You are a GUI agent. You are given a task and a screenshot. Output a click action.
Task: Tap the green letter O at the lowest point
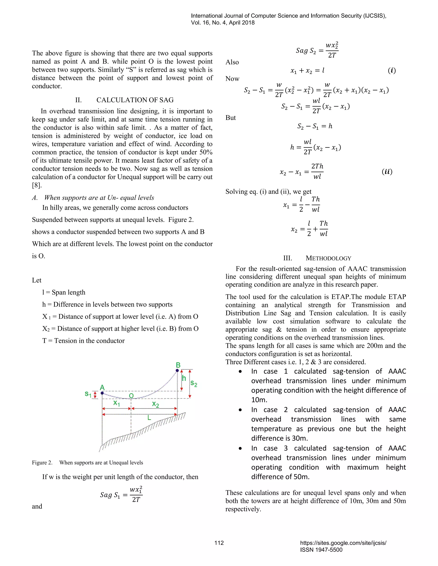tap(131, 396)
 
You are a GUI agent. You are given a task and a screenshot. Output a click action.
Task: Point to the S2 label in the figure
tap(194, 383)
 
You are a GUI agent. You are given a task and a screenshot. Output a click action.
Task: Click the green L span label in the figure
tap(149, 418)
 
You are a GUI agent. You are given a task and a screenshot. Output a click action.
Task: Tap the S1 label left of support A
tap(88, 394)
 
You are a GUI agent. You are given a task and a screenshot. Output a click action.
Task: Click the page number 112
tap(219, 543)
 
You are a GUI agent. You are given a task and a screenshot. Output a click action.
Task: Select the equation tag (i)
tap(392, 70)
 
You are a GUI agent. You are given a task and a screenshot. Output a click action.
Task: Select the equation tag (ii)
tap(387, 172)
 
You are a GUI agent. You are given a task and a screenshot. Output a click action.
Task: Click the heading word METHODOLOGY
tap(328, 258)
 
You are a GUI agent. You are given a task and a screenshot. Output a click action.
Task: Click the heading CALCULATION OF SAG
tap(135, 100)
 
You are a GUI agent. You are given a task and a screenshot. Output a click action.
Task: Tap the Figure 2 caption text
tap(87, 463)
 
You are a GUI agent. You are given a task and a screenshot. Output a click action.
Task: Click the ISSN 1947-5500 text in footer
tap(321, 550)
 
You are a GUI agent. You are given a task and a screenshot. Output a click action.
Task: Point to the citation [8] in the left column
tap(37, 185)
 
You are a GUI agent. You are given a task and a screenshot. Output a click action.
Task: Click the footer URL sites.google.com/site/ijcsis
tap(343, 543)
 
